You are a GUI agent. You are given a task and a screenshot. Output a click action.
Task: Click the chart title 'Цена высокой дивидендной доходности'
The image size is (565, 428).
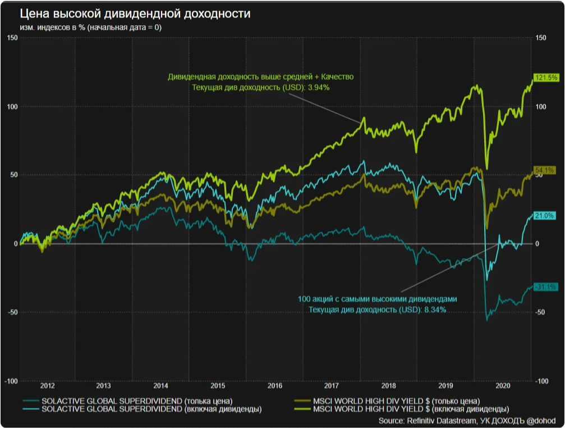127,13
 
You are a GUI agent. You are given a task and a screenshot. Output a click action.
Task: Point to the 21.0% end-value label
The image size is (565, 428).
544,216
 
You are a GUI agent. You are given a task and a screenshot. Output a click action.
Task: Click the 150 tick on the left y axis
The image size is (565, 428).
12,38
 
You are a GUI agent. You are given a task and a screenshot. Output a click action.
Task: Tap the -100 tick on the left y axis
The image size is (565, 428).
11,381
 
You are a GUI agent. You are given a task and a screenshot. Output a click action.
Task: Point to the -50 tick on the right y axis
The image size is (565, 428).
540,312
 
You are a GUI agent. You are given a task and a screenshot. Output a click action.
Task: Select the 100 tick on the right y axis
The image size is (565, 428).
540,107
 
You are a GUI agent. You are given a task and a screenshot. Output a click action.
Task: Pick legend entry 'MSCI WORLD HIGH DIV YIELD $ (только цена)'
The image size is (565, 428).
396,401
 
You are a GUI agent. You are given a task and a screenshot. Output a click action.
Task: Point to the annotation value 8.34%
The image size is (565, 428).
434,309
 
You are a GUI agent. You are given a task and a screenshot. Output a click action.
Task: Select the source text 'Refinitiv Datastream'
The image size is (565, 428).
439,421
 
